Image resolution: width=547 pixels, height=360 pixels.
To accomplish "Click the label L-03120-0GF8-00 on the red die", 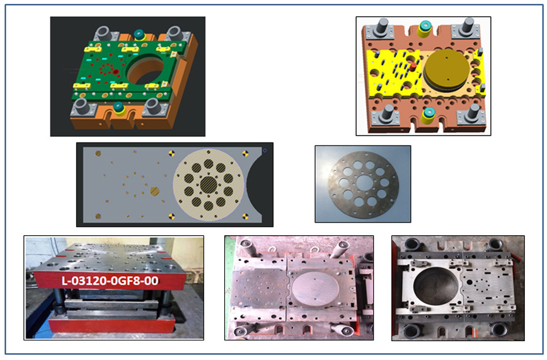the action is point(110,281).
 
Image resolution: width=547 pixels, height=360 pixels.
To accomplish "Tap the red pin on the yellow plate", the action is point(413,67).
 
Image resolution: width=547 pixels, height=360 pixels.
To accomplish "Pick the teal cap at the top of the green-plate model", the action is point(139,35).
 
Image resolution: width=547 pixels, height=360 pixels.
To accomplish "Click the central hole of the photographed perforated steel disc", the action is point(364,182).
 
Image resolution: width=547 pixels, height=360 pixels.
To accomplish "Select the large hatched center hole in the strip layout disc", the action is point(209,184).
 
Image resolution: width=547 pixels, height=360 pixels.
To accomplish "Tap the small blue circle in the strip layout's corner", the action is point(265,151).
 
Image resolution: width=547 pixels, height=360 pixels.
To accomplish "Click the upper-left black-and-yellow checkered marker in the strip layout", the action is point(171,153).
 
